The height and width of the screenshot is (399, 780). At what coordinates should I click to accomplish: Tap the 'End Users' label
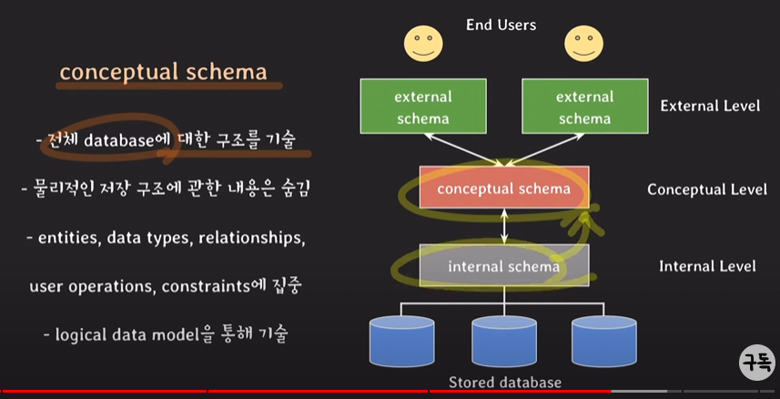(x=501, y=25)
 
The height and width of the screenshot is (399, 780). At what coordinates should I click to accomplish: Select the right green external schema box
(x=584, y=107)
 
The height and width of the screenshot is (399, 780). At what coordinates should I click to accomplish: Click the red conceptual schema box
(x=503, y=189)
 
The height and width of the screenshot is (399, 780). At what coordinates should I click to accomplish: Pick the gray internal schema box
(x=503, y=266)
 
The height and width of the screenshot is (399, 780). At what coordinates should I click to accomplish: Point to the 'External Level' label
(x=710, y=106)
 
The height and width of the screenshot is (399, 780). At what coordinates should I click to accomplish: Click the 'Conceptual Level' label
(x=706, y=189)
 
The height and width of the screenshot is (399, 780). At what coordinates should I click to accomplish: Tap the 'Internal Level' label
(x=707, y=267)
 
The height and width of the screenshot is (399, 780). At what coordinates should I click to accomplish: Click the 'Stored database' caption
(x=504, y=383)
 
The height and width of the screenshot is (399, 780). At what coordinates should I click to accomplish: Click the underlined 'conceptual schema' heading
(x=163, y=73)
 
